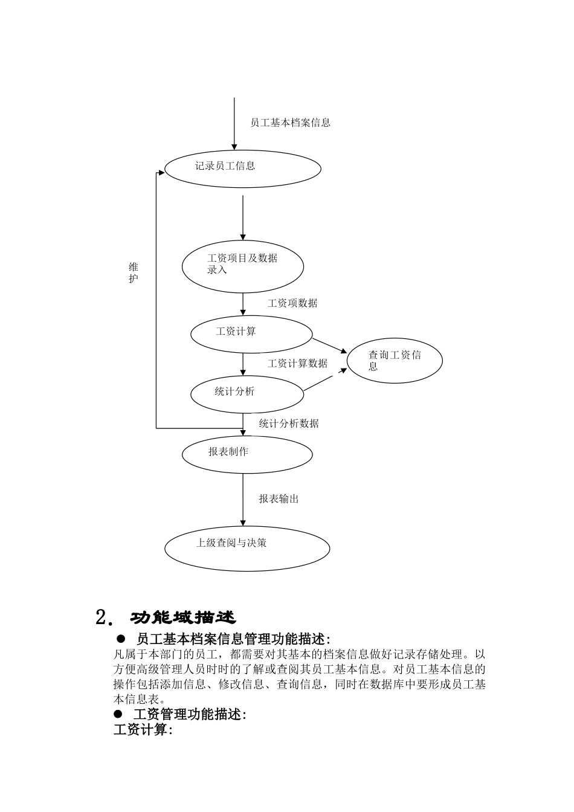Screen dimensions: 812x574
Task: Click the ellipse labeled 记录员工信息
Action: point(242,169)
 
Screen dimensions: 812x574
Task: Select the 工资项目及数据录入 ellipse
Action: point(242,266)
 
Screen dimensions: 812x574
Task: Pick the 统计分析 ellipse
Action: point(247,393)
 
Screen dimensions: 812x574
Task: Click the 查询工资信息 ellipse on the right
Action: point(394,361)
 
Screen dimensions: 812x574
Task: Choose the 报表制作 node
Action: point(247,454)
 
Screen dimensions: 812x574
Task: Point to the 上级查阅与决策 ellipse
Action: point(247,547)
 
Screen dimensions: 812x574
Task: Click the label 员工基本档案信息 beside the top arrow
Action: point(290,123)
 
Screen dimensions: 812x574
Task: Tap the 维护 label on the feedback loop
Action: point(134,272)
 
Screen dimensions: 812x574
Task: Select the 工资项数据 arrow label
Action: point(292,303)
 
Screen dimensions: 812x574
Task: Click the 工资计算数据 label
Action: point(297,363)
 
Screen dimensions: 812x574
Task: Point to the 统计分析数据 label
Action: point(289,424)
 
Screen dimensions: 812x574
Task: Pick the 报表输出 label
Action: point(279,499)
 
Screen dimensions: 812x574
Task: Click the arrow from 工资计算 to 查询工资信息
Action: point(329,345)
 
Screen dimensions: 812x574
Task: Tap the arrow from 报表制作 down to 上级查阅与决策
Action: point(243,499)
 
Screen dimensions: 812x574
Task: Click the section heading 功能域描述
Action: point(182,617)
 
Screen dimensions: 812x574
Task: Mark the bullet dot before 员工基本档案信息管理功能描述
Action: point(120,639)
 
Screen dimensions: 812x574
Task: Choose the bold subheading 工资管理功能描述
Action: point(189,714)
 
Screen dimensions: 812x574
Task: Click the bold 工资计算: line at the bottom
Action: point(143,730)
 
